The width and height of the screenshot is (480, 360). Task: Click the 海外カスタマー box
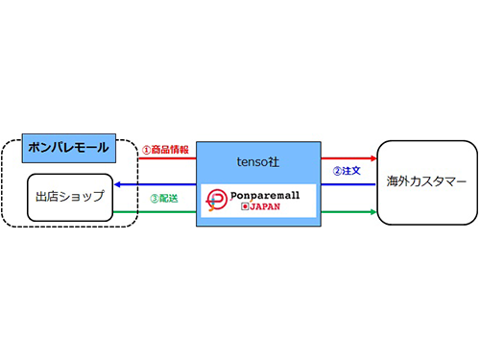[x=426, y=181]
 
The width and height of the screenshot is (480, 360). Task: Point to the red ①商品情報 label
[x=164, y=150]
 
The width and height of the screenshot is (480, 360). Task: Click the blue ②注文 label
[x=348, y=171]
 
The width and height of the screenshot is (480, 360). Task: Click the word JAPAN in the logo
[x=272, y=206]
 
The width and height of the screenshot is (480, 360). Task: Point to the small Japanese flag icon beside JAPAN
[x=245, y=206]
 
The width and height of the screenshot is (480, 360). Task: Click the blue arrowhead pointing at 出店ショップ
[x=117, y=183]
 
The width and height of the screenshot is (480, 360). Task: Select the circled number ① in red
[x=146, y=150]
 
